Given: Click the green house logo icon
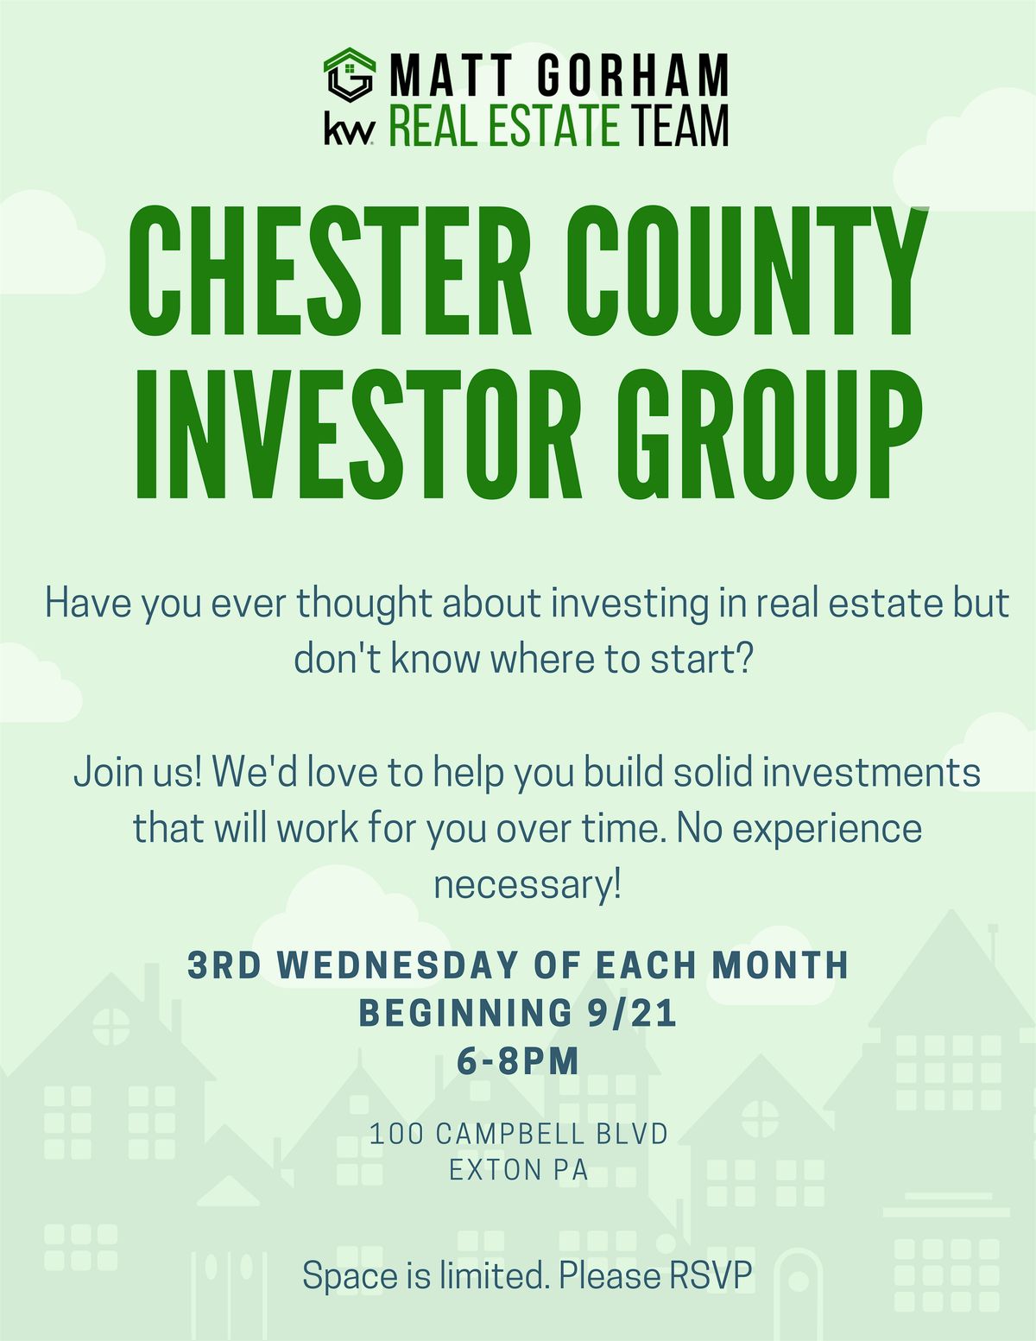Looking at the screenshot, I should click(350, 76).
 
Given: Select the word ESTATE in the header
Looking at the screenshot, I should click(553, 126).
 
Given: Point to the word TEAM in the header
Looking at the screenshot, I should click(679, 126).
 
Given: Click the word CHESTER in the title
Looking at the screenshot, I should click(331, 273).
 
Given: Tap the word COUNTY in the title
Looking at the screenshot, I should click(747, 273).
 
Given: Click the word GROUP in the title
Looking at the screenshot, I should click(770, 437).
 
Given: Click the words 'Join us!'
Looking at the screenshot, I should click(137, 771).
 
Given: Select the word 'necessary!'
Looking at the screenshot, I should click(527, 885).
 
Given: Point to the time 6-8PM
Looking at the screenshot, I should click(518, 1061).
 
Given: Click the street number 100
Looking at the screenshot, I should click(396, 1133).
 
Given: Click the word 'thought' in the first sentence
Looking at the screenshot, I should click(364, 604).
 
